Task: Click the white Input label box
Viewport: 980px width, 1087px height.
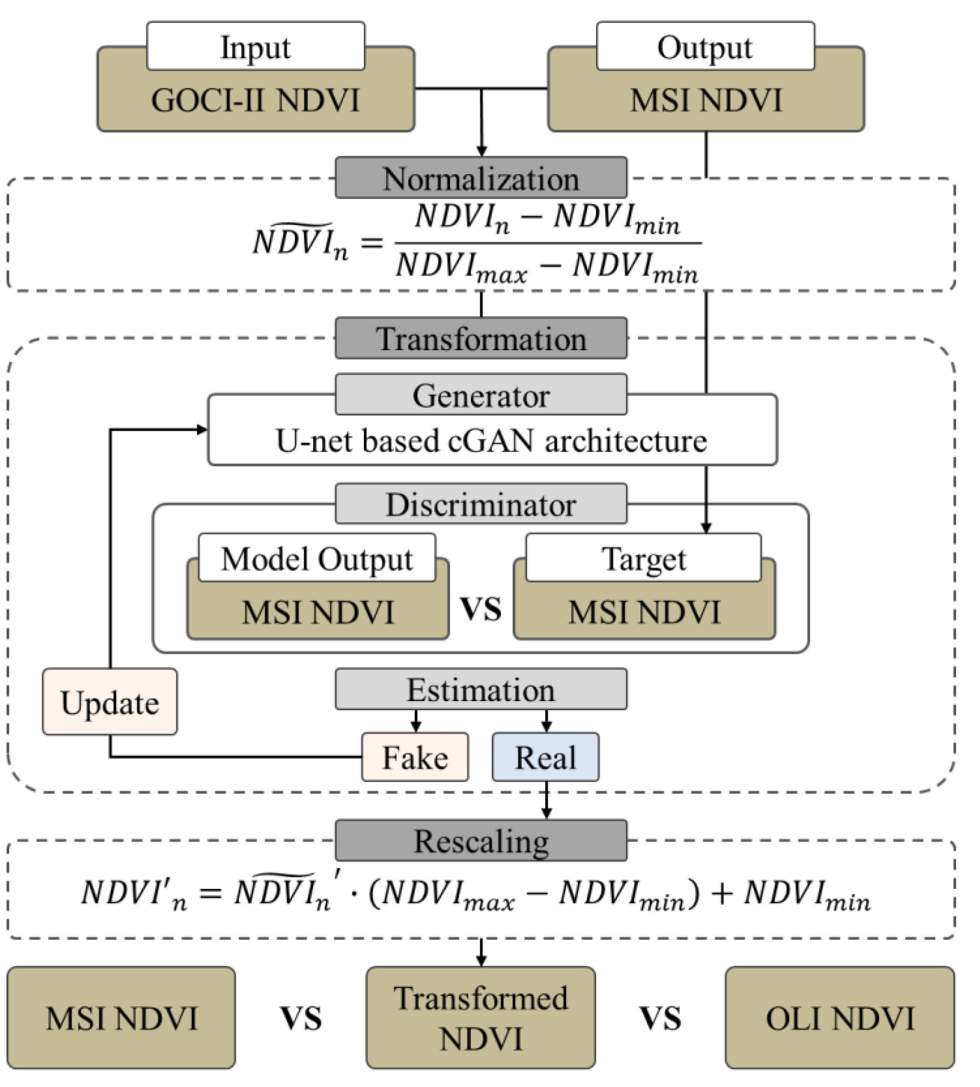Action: point(255,46)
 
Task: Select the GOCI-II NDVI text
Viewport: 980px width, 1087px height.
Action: point(255,101)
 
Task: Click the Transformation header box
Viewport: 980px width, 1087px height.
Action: point(481,339)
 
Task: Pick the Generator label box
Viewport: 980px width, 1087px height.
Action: point(481,395)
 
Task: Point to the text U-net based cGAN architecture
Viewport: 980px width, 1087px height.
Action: point(491,441)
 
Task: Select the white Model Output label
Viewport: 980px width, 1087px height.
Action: point(317,558)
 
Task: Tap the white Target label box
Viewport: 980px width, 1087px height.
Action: point(643,558)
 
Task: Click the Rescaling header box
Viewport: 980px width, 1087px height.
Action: point(481,841)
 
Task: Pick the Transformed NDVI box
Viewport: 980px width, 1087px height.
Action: point(481,1018)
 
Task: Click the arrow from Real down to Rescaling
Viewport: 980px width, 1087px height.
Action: point(547,801)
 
